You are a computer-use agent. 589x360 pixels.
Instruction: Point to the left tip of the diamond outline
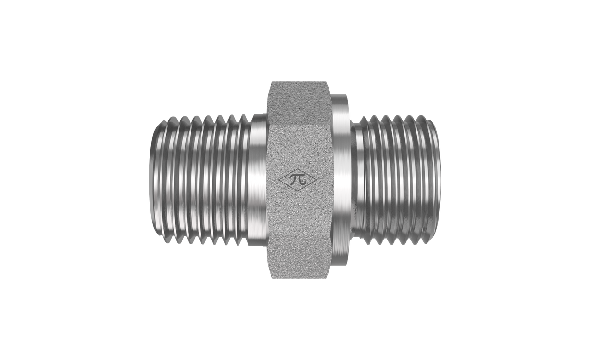click(x=278, y=180)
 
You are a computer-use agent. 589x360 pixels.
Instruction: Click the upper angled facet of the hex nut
click(x=300, y=103)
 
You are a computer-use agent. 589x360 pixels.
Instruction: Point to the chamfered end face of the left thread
click(x=154, y=180)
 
